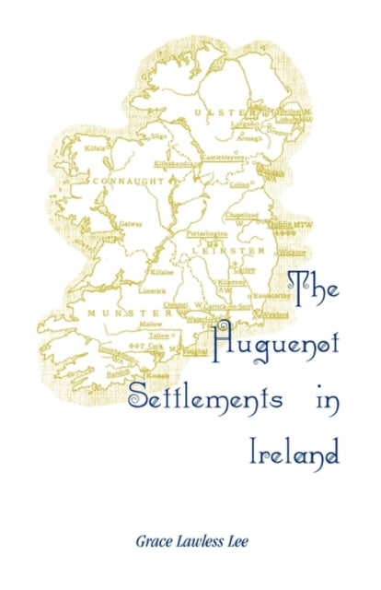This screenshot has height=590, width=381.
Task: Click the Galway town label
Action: point(130,223)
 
